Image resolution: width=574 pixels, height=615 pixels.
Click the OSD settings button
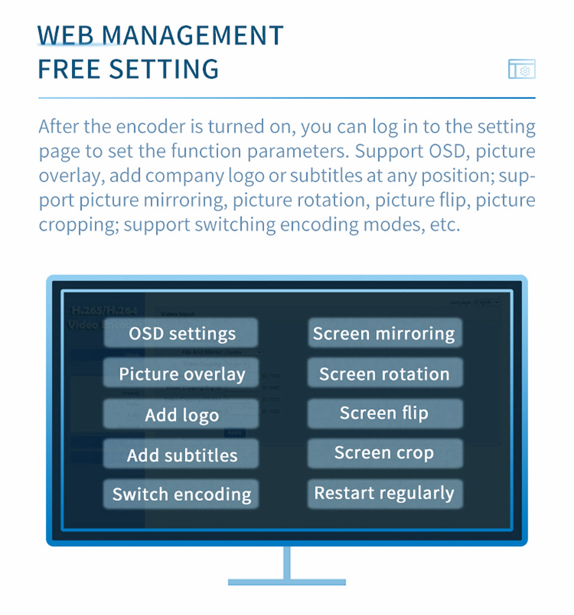(x=182, y=333)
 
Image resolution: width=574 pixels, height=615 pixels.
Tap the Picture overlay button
(x=182, y=373)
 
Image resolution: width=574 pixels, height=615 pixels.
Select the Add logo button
(x=182, y=415)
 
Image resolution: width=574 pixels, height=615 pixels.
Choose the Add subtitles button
(x=182, y=454)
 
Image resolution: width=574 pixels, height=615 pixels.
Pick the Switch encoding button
(x=182, y=494)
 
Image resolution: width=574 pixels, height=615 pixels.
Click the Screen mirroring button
(x=384, y=333)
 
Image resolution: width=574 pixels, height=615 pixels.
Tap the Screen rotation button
(x=384, y=373)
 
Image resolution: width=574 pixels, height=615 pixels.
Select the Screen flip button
(x=384, y=414)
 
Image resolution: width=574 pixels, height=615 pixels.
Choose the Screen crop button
(x=384, y=453)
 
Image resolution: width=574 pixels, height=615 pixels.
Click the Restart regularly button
(x=384, y=493)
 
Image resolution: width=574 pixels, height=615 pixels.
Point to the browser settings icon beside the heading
(x=522, y=70)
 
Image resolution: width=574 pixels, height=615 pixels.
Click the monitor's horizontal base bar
(x=286, y=581)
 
